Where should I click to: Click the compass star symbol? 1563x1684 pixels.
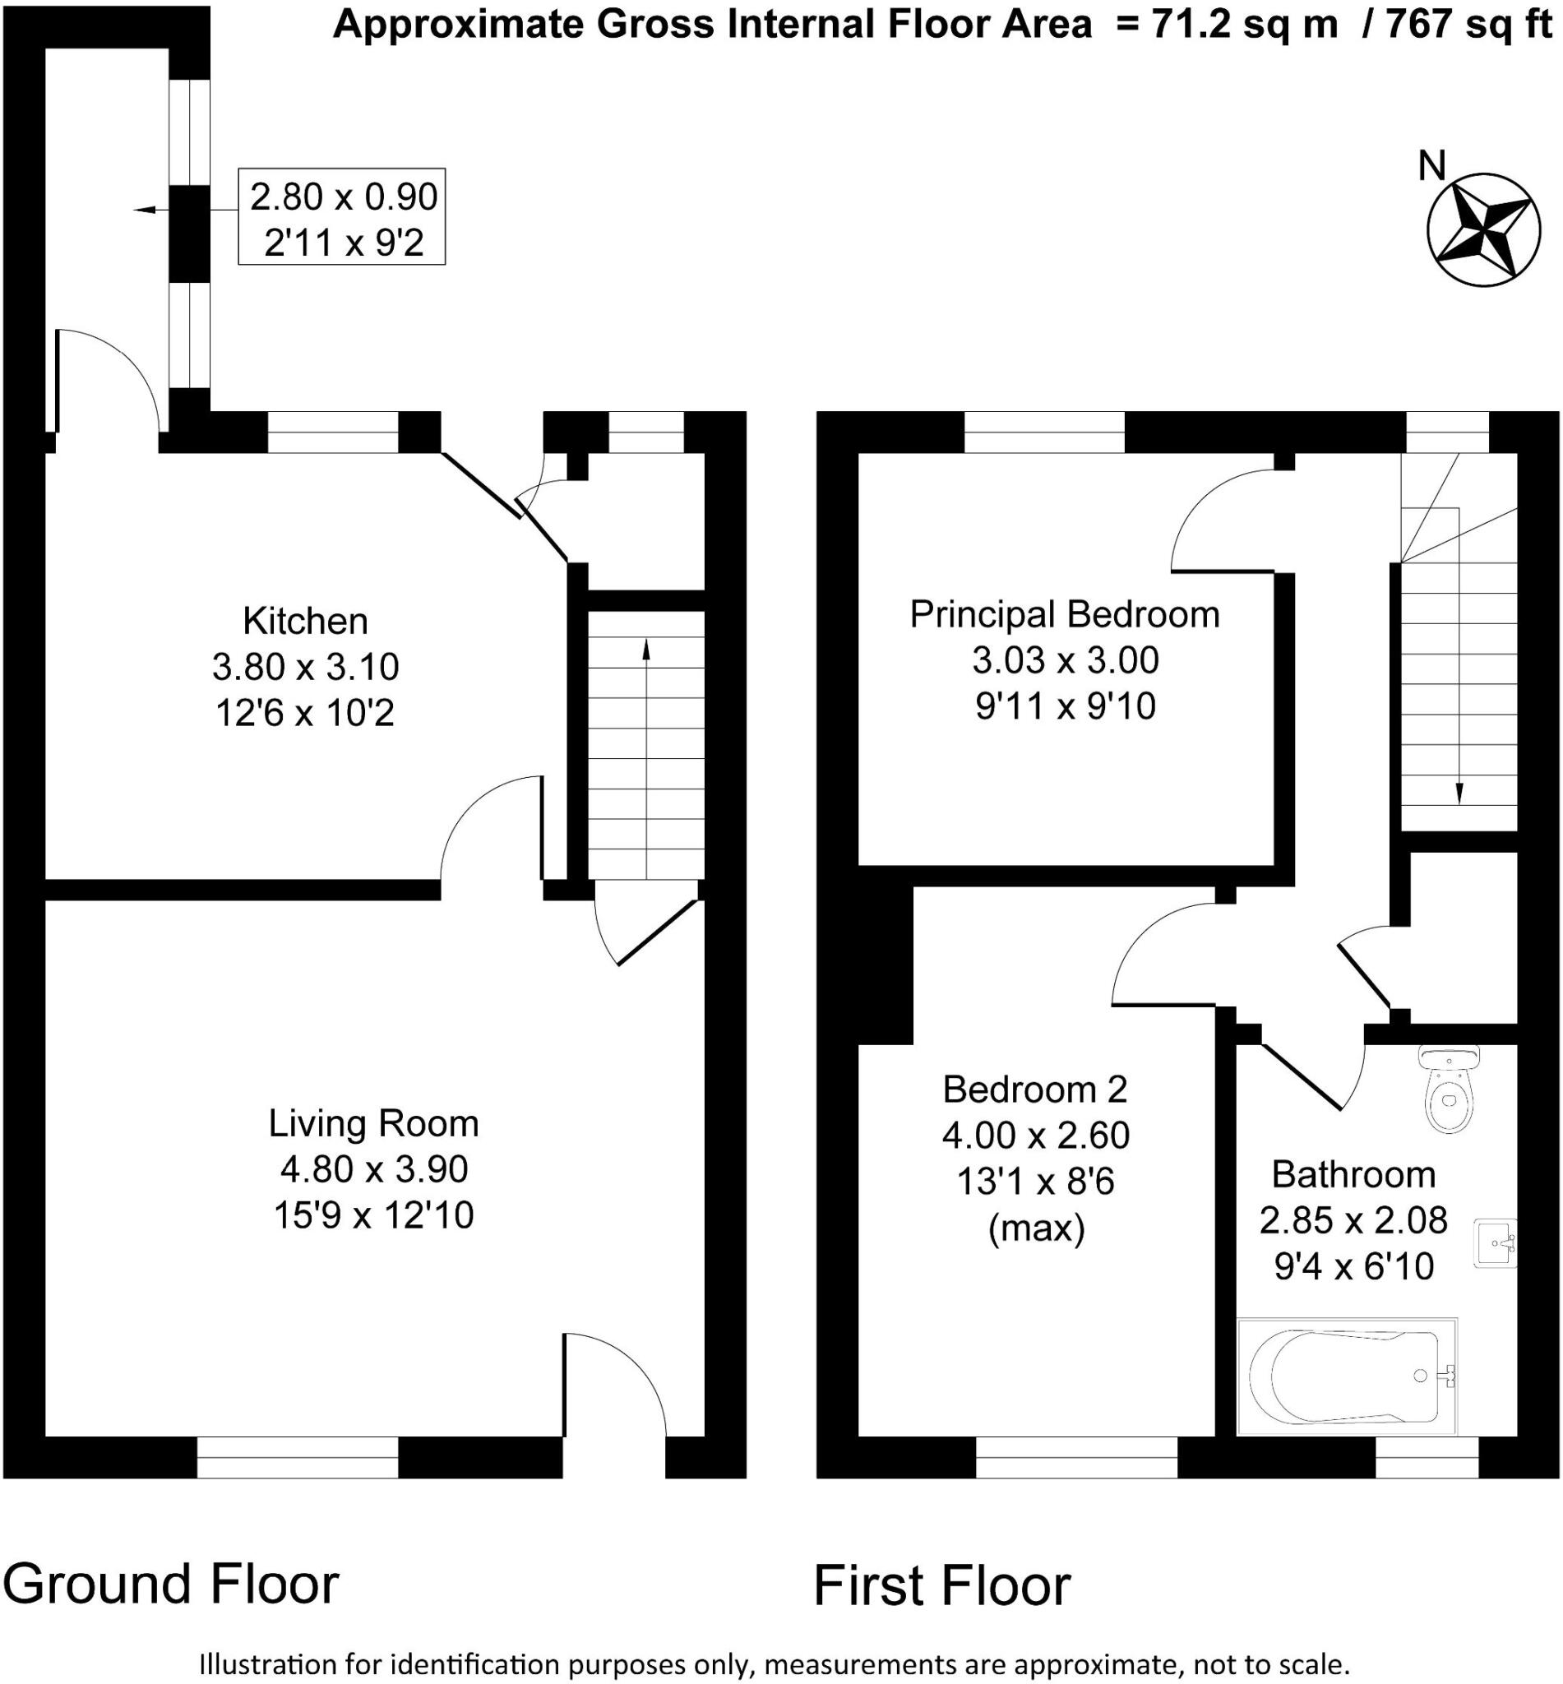1482,230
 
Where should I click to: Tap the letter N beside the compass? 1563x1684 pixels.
1431,167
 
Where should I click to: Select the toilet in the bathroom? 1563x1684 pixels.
1450,1091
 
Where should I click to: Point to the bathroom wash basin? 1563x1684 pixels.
1496,1243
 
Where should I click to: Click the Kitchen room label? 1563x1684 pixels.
305,622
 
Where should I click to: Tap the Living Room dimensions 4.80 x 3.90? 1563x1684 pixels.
374,1170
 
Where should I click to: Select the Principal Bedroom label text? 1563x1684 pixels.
1064,615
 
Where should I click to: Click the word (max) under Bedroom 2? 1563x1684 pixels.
1036,1228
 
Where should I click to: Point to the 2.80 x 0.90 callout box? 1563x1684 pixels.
342,217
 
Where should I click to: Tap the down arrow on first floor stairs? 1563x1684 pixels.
1459,792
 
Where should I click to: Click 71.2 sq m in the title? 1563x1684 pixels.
1244,25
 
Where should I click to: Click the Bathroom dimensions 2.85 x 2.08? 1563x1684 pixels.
1353,1220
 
